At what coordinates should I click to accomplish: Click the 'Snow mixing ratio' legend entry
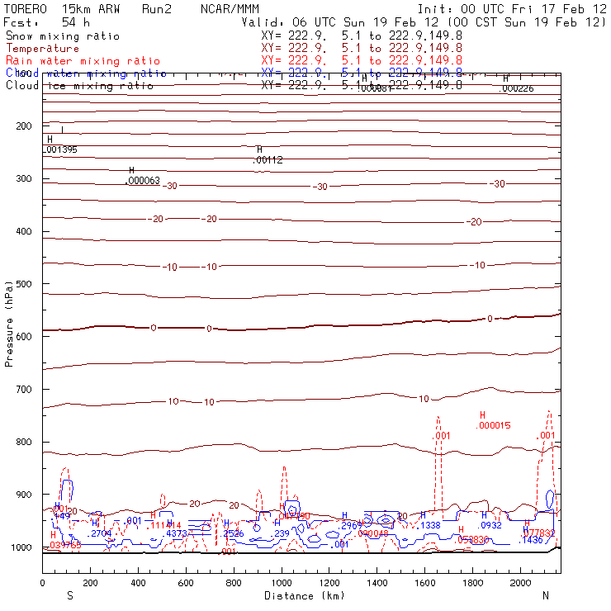pyautogui.click(x=63, y=36)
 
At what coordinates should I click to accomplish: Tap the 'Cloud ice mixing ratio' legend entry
pyautogui.click(x=79, y=85)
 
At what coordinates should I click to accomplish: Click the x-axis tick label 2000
pyautogui.click(x=521, y=583)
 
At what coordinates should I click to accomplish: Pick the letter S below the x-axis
pyautogui.click(x=69, y=595)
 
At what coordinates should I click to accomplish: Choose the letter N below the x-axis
pyautogui.click(x=545, y=595)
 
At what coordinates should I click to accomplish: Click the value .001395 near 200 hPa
pyautogui.click(x=60, y=149)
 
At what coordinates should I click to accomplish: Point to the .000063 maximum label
pyautogui.click(x=143, y=181)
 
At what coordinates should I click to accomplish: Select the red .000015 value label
pyautogui.click(x=494, y=425)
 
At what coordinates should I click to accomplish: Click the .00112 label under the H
pyautogui.click(x=268, y=160)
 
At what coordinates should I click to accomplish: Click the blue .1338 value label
pyautogui.click(x=431, y=525)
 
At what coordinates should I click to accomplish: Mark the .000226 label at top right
pyautogui.click(x=518, y=88)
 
